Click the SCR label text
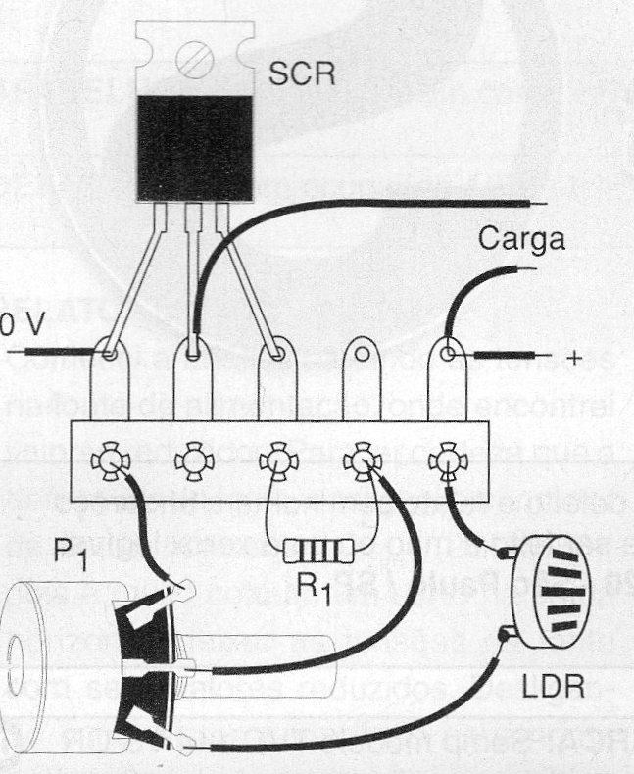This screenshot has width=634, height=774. [x=302, y=74]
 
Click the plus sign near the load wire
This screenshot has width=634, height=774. [x=575, y=358]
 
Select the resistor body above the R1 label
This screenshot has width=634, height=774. [x=316, y=553]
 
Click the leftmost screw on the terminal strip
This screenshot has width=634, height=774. [x=109, y=460]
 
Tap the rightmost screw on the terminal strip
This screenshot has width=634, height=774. [x=447, y=460]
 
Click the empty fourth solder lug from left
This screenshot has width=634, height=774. [x=363, y=350]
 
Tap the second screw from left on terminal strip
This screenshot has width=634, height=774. [x=193, y=460]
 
